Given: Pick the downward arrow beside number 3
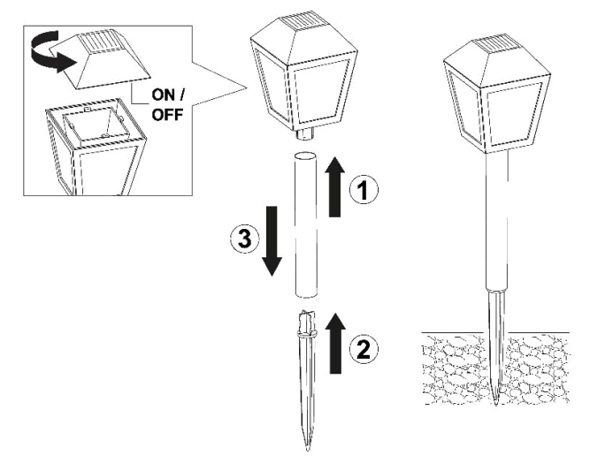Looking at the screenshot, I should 272,238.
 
